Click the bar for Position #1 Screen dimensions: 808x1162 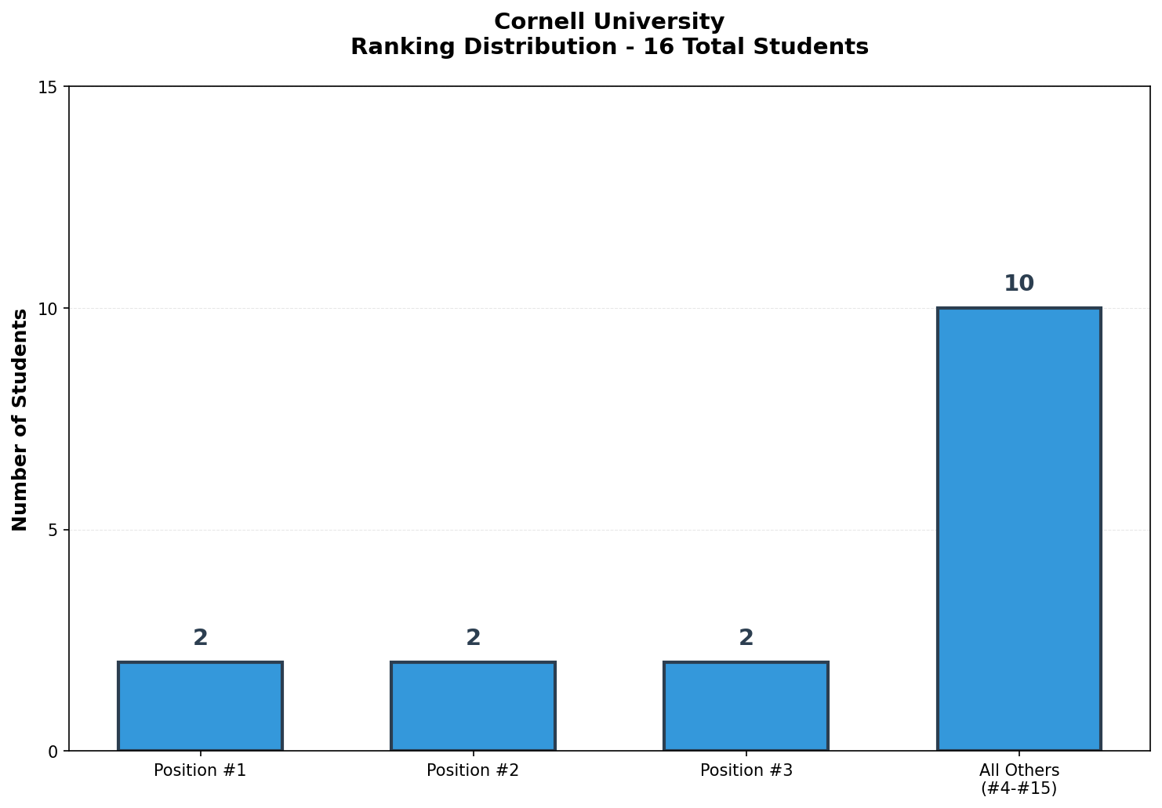[x=200, y=706]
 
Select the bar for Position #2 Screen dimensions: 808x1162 [x=473, y=706]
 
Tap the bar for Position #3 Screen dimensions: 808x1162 [x=746, y=706]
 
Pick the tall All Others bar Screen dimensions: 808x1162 [x=1019, y=529]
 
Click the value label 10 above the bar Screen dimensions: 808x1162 [x=1019, y=284]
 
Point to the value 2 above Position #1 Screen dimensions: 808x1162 [x=200, y=638]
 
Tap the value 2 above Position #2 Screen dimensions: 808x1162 [x=473, y=638]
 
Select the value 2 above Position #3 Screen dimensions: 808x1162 [x=746, y=638]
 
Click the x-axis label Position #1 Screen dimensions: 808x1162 [x=200, y=770]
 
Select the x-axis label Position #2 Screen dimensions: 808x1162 [x=473, y=770]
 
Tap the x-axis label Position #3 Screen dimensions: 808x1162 [x=746, y=770]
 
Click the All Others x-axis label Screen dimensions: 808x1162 [x=1019, y=770]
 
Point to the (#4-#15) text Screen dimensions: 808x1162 [x=1019, y=788]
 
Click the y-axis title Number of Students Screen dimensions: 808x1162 [x=20, y=419]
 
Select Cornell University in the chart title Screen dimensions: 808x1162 [x=609, y=22]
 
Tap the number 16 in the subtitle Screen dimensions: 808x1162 [x=655, y=47]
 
